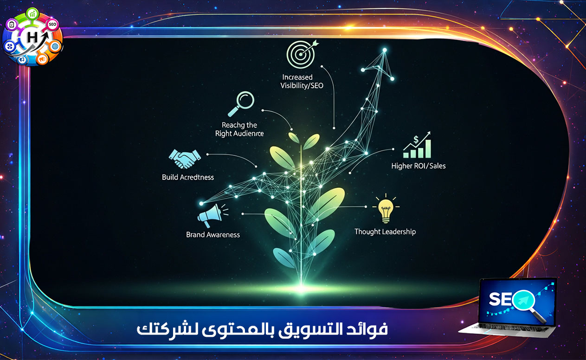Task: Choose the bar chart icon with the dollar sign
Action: [x=417, y=144]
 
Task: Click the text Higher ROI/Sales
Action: [x=418, y=166]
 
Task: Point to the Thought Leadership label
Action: [x=385, y=231]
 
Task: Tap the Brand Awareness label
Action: [x=213, y=235]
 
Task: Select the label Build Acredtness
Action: [x=188, y=177]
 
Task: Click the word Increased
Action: [x=297, y=77]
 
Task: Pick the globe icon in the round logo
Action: [x=55, y=46]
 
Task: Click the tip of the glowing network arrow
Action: [x=385, y=50]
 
